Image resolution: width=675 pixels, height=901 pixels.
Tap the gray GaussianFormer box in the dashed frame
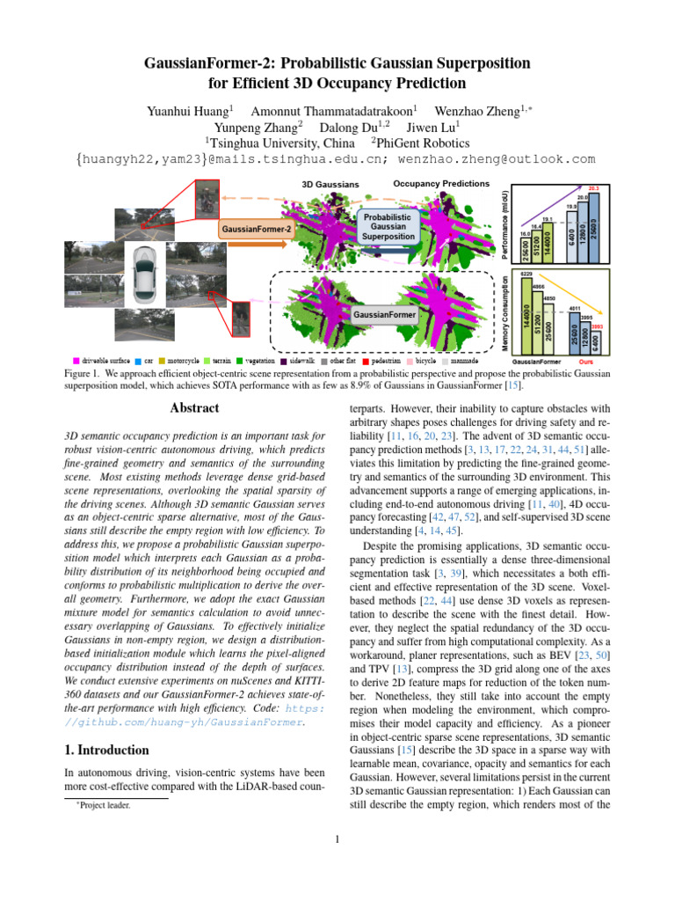(x=385, y=314)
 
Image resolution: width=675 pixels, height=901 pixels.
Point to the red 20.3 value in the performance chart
(x=594, y=188)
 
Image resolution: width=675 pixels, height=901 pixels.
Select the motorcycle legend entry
(x=182, y=361)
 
